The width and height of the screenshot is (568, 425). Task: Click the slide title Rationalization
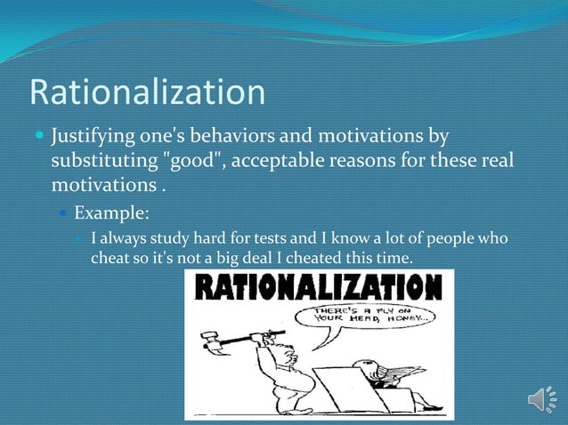tap(148, 92)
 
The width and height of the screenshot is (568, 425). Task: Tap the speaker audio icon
tap(541, 399)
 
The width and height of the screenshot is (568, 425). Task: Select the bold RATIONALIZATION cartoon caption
tap(319, 287)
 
